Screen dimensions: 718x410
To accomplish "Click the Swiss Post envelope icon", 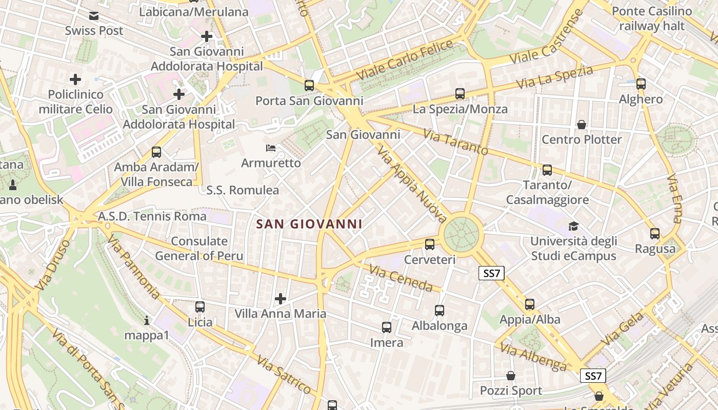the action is [94, 16].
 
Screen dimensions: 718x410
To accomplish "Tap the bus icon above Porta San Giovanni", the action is [309, 86].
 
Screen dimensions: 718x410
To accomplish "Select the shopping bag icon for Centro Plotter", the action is [582, 125].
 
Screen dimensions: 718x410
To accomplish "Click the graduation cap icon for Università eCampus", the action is [573, 226].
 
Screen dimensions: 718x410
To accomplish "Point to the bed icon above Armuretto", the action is [271, 149].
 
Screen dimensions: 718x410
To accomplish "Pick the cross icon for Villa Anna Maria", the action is [281, 298].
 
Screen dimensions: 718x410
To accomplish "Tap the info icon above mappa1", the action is [147, 321].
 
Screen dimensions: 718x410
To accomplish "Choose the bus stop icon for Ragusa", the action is [655, 234].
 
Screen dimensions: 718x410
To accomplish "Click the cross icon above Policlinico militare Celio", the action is [75, 79].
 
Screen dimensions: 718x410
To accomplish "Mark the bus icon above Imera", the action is [387, 327].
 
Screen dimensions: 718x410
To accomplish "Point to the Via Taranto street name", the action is [455, 141].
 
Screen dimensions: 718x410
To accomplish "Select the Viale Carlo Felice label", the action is [405, 59].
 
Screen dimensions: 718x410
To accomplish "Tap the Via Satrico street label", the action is [284, 376].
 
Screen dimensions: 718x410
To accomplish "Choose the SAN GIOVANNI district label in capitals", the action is [309, 224].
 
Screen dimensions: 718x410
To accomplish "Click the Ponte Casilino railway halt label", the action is [651, 18].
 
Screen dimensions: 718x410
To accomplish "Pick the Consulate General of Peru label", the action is [200, 248].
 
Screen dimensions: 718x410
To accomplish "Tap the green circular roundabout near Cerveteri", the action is [462, 235].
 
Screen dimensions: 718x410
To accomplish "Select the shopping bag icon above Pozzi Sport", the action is [510, 376].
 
